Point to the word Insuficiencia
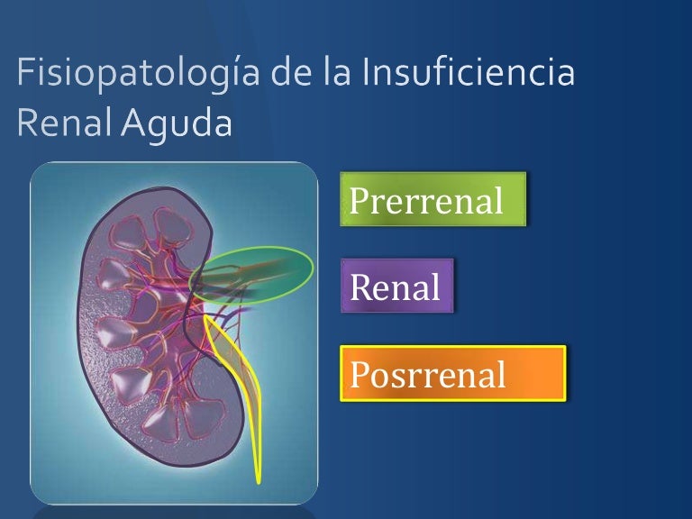tap(468, 73)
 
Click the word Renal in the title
tap(59, 123)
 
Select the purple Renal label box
tap(396, 287)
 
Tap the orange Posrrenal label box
tap(452, 373)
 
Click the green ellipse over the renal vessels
tap(256, 273)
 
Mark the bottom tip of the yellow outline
tap(259, 479)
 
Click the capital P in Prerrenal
tap(358, 200)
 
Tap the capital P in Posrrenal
tap(358, 373)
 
